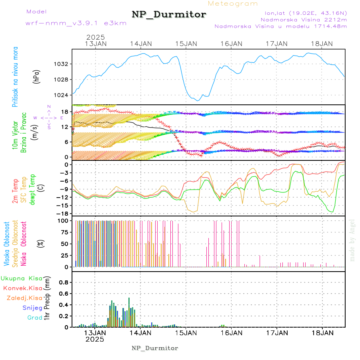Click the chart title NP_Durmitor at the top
[x=169, y=15]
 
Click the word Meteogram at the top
[x=233, y=4]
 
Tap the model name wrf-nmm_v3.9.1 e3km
[x=76, y=23]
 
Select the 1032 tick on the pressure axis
[x=62, y=64]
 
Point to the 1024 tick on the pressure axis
[x=62, y=95]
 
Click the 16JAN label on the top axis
[x=231, y=44]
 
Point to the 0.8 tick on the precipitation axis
[x=64, y=282]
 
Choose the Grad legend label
[x=34, y=318]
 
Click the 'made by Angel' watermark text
[x=352, y=240]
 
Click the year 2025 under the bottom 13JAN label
[x=95, y=339]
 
